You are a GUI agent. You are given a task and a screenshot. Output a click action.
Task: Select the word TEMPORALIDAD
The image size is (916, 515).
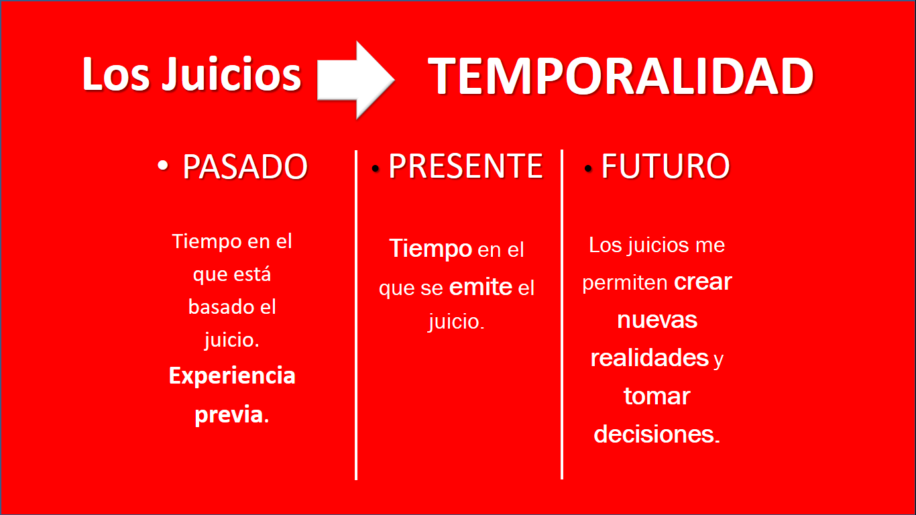tap(621, 76)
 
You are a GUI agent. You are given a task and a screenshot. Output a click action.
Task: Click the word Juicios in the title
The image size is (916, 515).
tap(232, 74)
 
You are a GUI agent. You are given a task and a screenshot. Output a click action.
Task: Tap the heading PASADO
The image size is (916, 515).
tap(245, 167)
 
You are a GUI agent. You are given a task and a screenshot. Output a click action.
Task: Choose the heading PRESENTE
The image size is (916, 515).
tap(465, 166)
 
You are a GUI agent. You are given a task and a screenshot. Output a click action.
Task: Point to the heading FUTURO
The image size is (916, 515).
tap(665, 166)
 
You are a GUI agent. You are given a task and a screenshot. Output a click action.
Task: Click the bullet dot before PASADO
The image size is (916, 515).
tap(163, 165)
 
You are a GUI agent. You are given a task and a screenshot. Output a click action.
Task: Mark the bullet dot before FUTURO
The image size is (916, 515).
tap(588, 168)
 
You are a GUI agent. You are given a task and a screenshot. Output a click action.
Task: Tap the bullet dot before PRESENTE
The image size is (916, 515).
tap(376, 168)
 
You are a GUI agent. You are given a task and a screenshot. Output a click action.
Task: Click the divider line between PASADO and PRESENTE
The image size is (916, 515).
tap(356, 315)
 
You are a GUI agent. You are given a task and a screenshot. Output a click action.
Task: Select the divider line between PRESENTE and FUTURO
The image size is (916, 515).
tap(562, 314)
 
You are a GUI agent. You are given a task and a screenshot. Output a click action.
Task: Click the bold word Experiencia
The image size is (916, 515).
tap(232, 376)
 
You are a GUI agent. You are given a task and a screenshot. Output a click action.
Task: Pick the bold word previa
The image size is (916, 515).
tap(231, 416)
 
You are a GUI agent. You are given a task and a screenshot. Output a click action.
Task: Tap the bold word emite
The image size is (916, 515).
tap(481, 287)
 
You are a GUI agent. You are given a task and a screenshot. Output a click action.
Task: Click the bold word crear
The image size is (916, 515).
tap(703, 282)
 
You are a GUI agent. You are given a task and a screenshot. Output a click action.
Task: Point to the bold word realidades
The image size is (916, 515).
tap(649, 357)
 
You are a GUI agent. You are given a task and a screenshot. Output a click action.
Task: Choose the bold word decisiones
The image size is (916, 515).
tap(656, 434)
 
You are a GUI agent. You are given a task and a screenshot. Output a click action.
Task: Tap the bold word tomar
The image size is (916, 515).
tap(657, 396)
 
